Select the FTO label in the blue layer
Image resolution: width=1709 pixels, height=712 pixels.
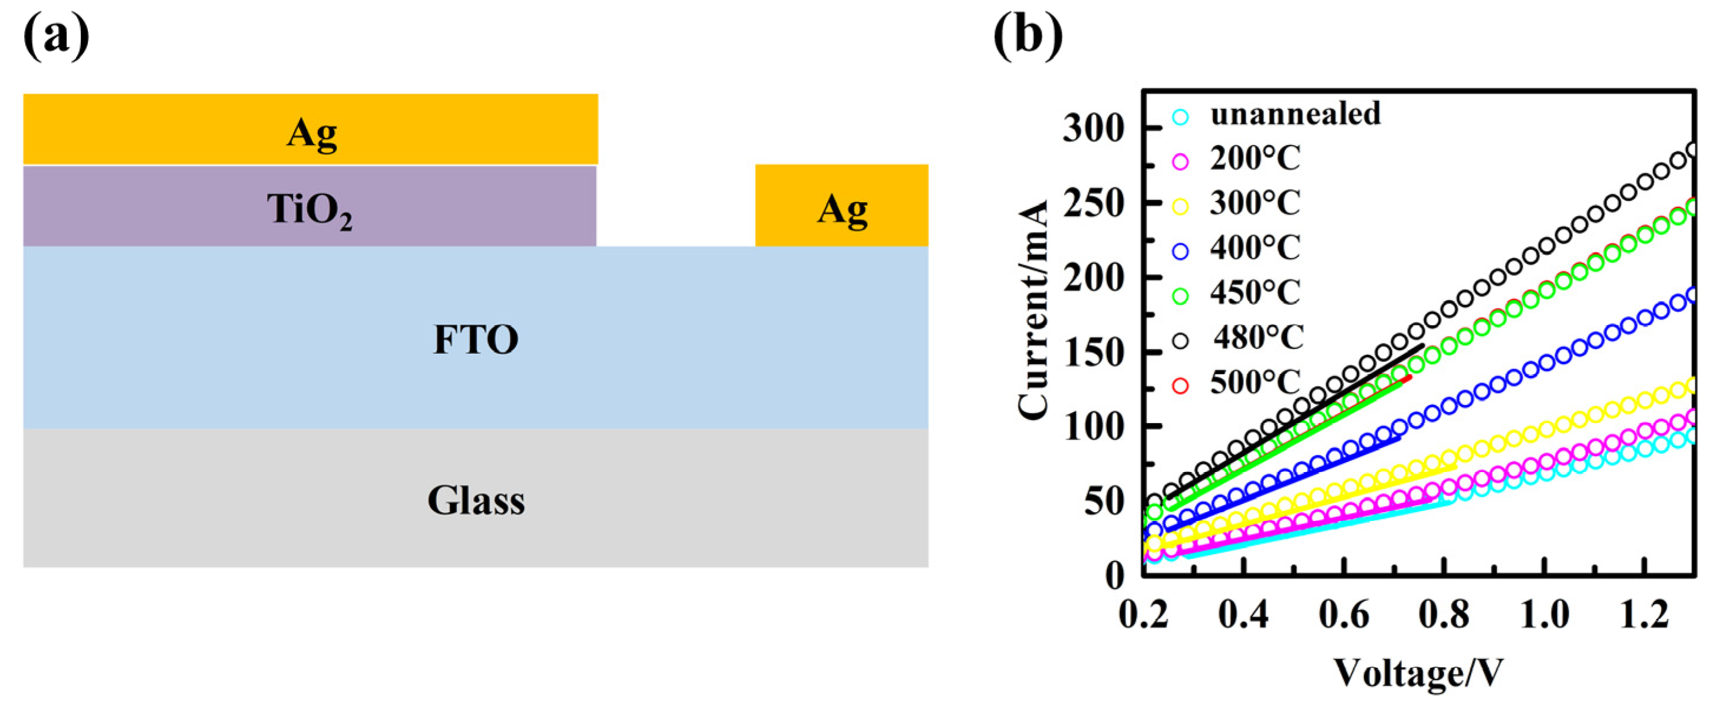click(x=476, y=339)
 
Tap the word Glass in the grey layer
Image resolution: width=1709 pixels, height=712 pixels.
click(x=476, y=500)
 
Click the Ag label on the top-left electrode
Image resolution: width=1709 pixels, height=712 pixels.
click(x=311, y=132)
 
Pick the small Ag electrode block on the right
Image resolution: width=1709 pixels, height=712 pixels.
click(x=841, y=206)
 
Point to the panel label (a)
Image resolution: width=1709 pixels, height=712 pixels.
click(x=56, y=37)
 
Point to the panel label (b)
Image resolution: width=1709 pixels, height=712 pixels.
click(x=1027, y=37)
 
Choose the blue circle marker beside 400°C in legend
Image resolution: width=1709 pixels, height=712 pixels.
click(x=1180, y=251)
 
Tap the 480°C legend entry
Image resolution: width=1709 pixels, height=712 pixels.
click(x=1258, y=337)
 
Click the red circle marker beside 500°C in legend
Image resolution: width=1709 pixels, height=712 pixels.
click(x=1180, y=385)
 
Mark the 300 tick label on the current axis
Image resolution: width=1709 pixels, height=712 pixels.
click(x=1094, y=127)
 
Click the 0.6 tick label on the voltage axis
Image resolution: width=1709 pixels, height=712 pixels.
click(x=1343, y=615)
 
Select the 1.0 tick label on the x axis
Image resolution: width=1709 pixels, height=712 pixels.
click(x=1544, y=615)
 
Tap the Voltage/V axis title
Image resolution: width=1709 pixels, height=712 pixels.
click(x=1418, y=674)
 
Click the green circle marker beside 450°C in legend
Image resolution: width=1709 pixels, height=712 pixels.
click(x=1180, y=296)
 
